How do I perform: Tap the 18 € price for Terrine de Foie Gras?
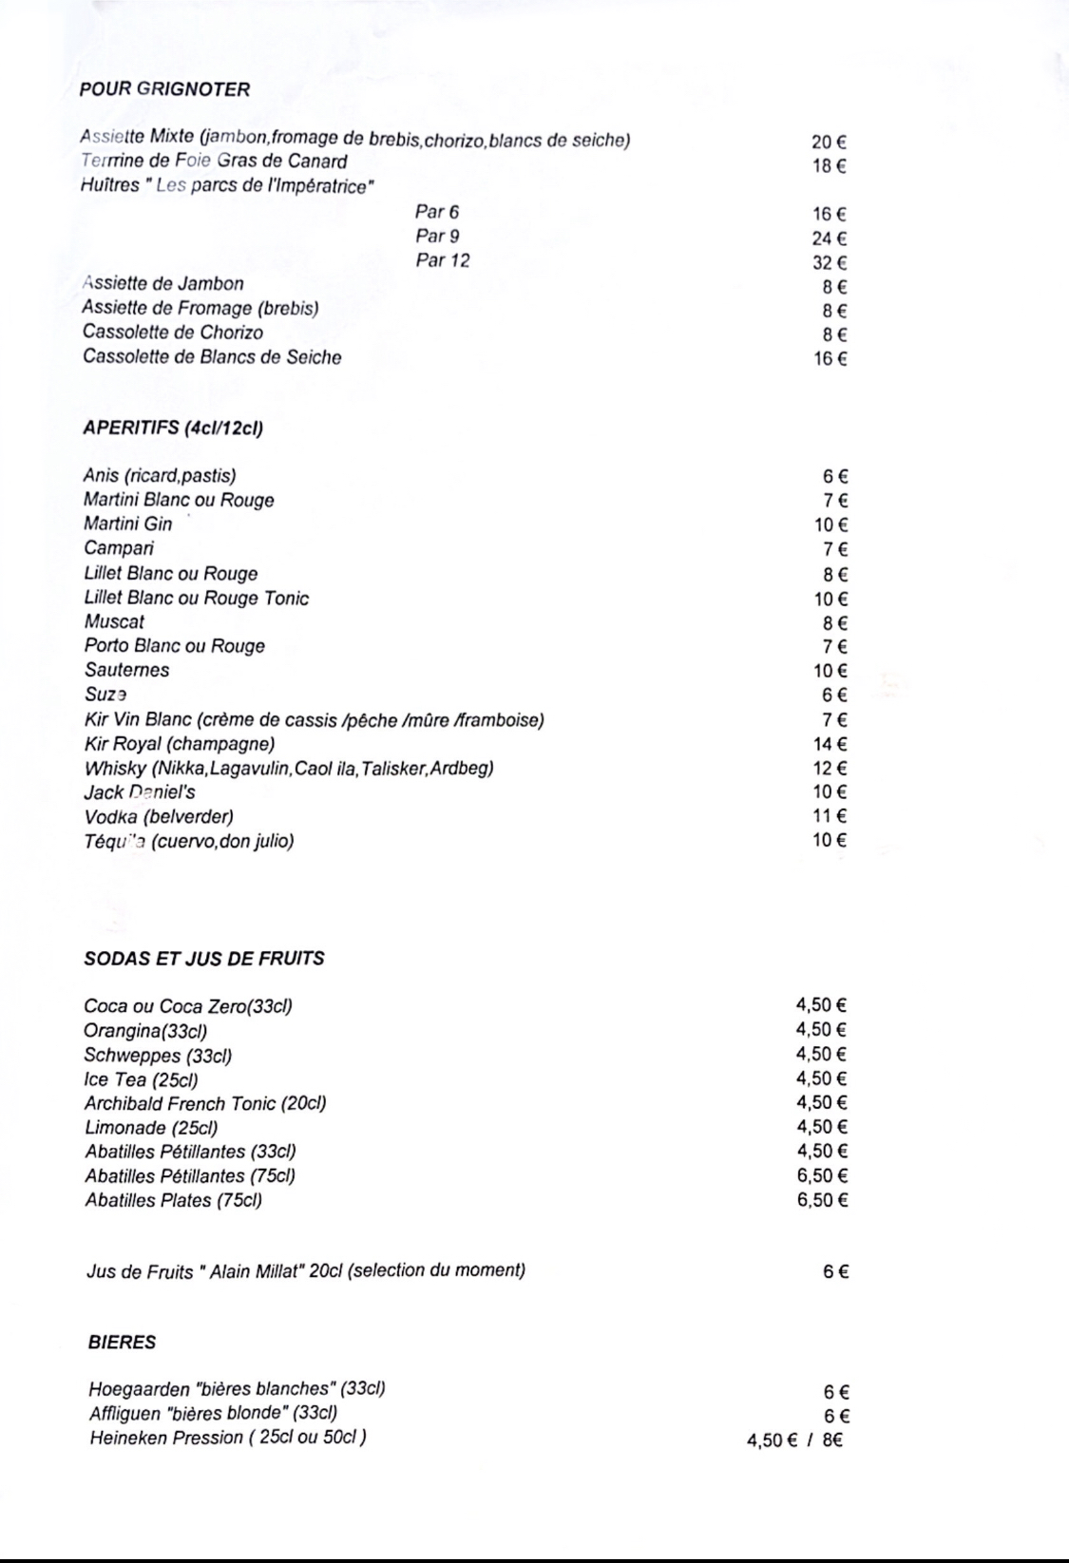pos(829,166)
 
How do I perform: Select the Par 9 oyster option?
pos(437,237)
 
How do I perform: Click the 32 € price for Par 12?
pos(829,263)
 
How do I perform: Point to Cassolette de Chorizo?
pos(173,333)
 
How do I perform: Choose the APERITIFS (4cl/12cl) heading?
pos(173,429)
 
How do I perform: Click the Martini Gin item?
pos(128,524)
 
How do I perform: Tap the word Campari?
pos(119,548)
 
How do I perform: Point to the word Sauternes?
pos(126,670)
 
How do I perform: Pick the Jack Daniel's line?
pos(140,792)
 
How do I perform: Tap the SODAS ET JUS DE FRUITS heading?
pos(204,959)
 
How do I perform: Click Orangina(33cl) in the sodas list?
pos(145,1031)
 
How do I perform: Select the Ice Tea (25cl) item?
pos(141,1079)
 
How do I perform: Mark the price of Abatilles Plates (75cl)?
pos(822,1200)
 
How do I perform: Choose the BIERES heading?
pos(122,1343)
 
